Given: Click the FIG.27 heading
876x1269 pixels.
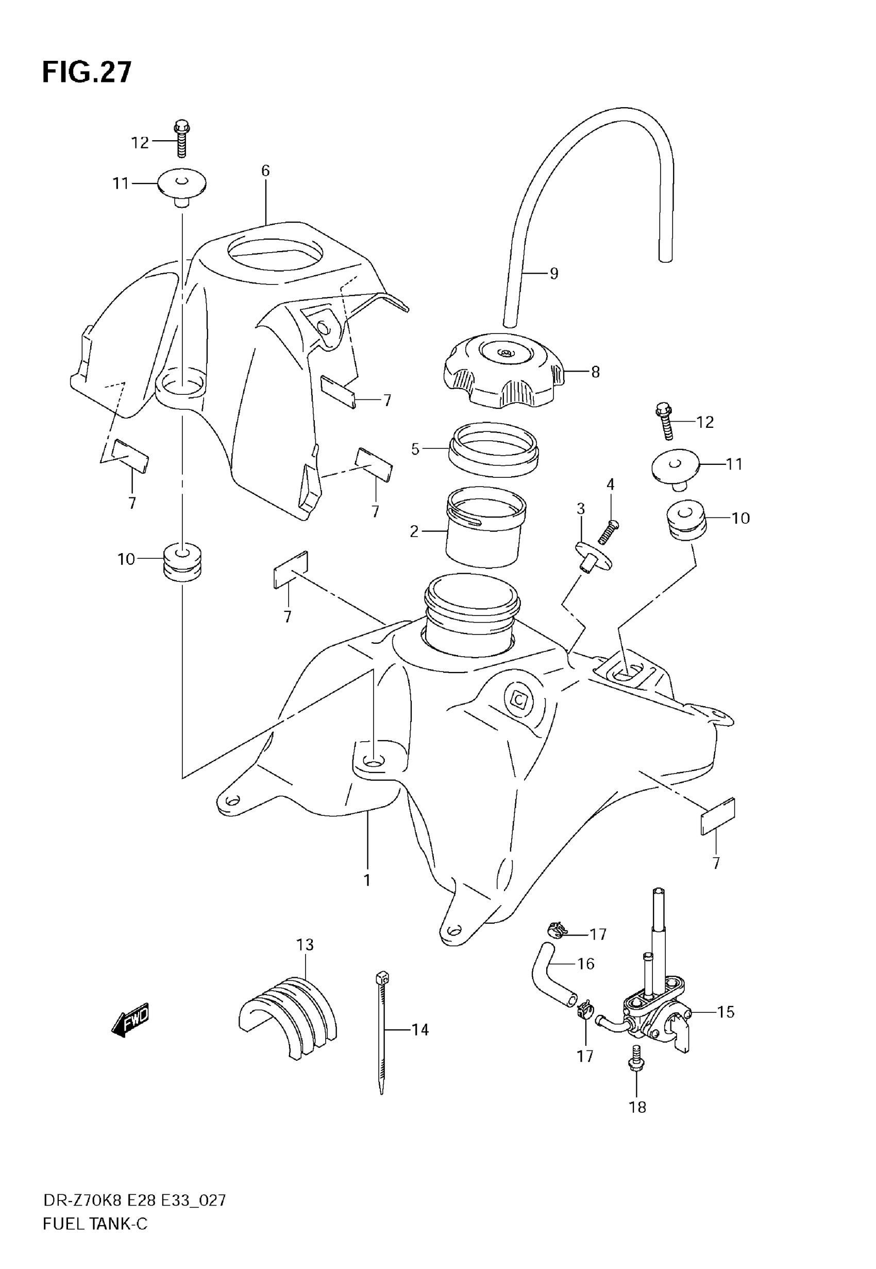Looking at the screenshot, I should click(87, 73).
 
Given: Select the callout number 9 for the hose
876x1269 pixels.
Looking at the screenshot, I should click(554, 273).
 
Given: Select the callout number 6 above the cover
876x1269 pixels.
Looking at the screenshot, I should click(266, 171).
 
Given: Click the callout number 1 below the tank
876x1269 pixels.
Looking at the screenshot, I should click(367, 880).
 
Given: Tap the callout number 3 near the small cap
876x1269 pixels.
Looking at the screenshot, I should click(581, 509).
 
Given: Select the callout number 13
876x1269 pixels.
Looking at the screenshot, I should click(305, 945).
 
